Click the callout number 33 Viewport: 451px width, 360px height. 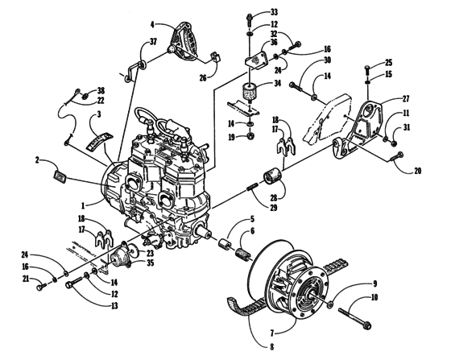coord(274,12)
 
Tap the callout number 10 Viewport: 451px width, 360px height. coord(372,297)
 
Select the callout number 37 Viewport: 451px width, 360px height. coord(152,43)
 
